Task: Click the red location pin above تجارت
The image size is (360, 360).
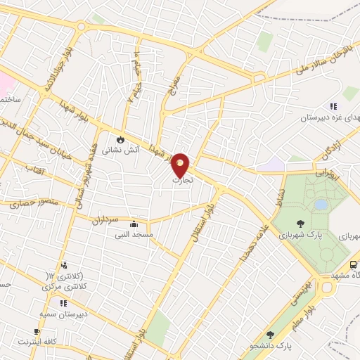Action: pos(181,165)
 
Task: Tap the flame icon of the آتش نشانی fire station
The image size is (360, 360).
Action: pos(120,139)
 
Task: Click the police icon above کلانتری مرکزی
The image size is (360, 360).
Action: pos(64,265)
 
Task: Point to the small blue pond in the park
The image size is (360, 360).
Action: pos(321,205)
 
